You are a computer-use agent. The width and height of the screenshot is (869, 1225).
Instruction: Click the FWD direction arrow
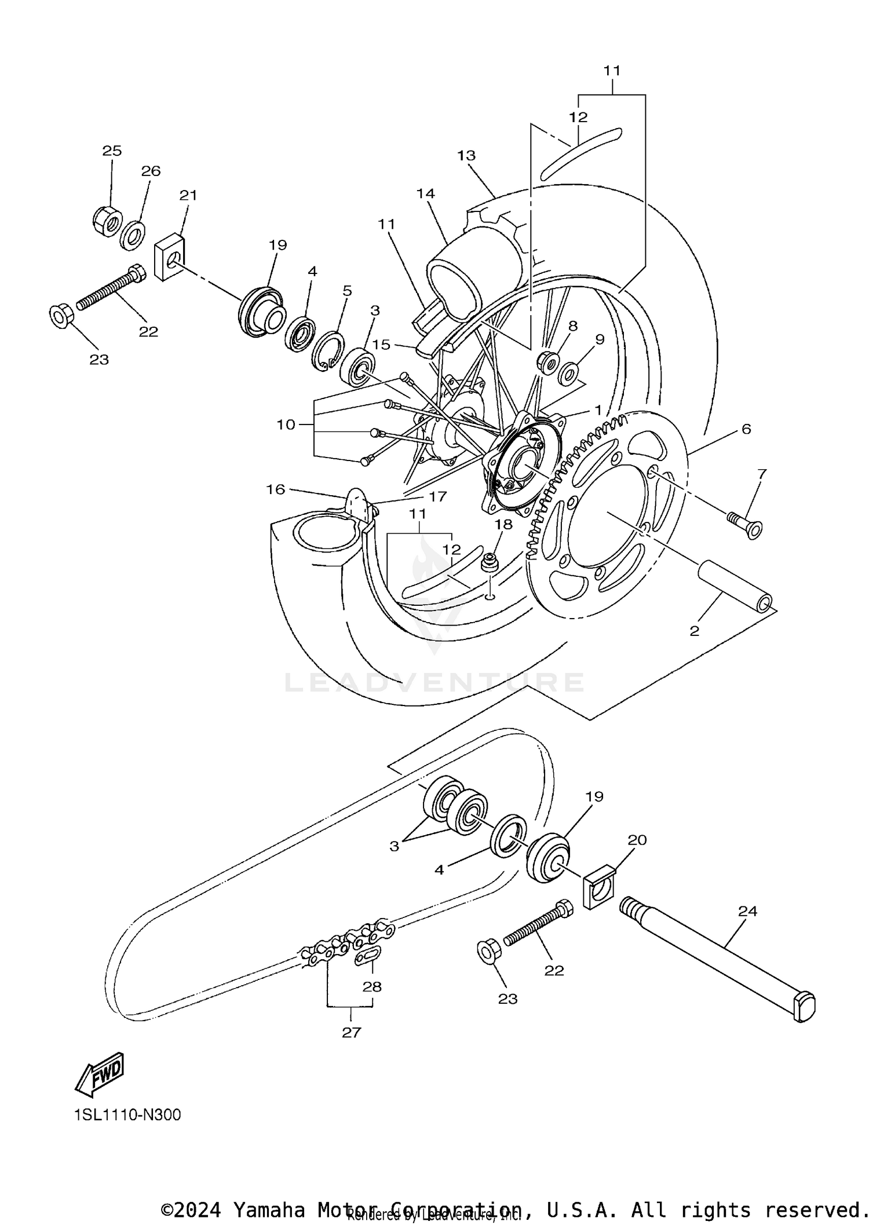(100, 1074)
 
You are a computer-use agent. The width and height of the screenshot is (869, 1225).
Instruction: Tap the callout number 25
(112, 151)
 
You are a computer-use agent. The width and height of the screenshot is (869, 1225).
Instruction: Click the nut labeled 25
(107, 220)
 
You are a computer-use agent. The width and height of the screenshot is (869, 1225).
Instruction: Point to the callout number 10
(286, 425)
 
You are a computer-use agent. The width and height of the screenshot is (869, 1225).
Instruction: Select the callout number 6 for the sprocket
(746, 429)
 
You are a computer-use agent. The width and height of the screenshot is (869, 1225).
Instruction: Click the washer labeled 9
(568, 374)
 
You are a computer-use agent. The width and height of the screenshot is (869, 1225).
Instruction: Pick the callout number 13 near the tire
(466, 156)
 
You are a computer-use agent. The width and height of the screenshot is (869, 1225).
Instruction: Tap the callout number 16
(275, 489)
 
